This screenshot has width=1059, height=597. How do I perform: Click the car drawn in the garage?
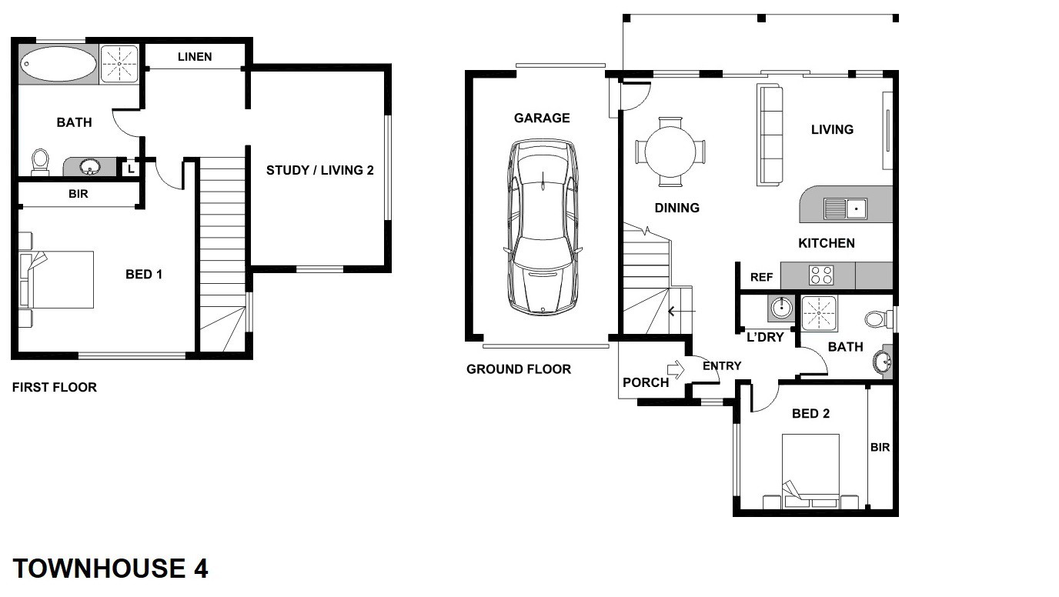[x=543, y=227]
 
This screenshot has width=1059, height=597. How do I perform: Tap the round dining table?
[x=670, y=152]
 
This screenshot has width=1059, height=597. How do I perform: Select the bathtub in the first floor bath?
[x=58, y=64]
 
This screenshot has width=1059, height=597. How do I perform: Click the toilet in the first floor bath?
[x=40, y=161]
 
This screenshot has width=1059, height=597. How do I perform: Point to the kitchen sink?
[x=845, y=208]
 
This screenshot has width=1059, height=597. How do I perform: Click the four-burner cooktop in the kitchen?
[x=821, y=275]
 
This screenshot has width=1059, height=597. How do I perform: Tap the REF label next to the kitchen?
[x=762, y=277]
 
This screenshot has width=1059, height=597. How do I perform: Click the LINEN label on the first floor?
[x=195, y=57]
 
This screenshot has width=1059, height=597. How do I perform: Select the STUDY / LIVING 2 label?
[x=320, y=170]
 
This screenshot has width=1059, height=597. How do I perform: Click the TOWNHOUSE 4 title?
[x=110, y=569]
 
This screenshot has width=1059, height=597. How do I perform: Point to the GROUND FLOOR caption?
[x=519, y=369]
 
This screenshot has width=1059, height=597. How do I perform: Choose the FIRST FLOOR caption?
[x=55, y=387]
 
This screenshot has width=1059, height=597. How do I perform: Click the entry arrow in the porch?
[x=676, y=369]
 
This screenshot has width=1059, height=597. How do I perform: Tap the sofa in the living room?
[x=770, y=135]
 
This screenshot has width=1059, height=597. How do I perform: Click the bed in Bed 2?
[x=810, y=472]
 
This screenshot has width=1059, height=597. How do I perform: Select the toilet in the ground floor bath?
[x=877, y=319]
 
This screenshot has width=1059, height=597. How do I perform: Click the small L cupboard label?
[x=131, y=168]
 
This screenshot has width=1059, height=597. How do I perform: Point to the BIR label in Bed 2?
[x=880, y=447]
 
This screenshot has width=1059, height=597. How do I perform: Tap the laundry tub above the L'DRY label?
[x=781, y=309]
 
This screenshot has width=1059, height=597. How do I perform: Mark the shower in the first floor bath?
[x=119, y=64]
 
